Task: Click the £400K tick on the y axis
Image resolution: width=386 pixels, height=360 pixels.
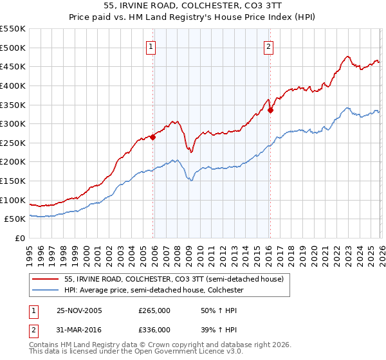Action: (13, 85)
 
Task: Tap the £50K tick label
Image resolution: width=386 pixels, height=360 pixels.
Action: (15, 219)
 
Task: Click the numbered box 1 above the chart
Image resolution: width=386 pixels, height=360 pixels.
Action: (151, 46)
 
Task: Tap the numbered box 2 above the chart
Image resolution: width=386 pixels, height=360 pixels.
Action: (268, 46)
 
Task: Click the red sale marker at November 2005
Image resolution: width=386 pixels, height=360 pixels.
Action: (153, 136)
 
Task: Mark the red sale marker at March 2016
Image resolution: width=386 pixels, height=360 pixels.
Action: (270, 110)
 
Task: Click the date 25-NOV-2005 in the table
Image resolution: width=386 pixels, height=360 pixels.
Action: (79, 310)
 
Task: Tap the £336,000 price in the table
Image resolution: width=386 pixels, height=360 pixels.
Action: (154, 329)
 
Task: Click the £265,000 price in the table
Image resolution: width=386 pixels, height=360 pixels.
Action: (154, 310)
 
